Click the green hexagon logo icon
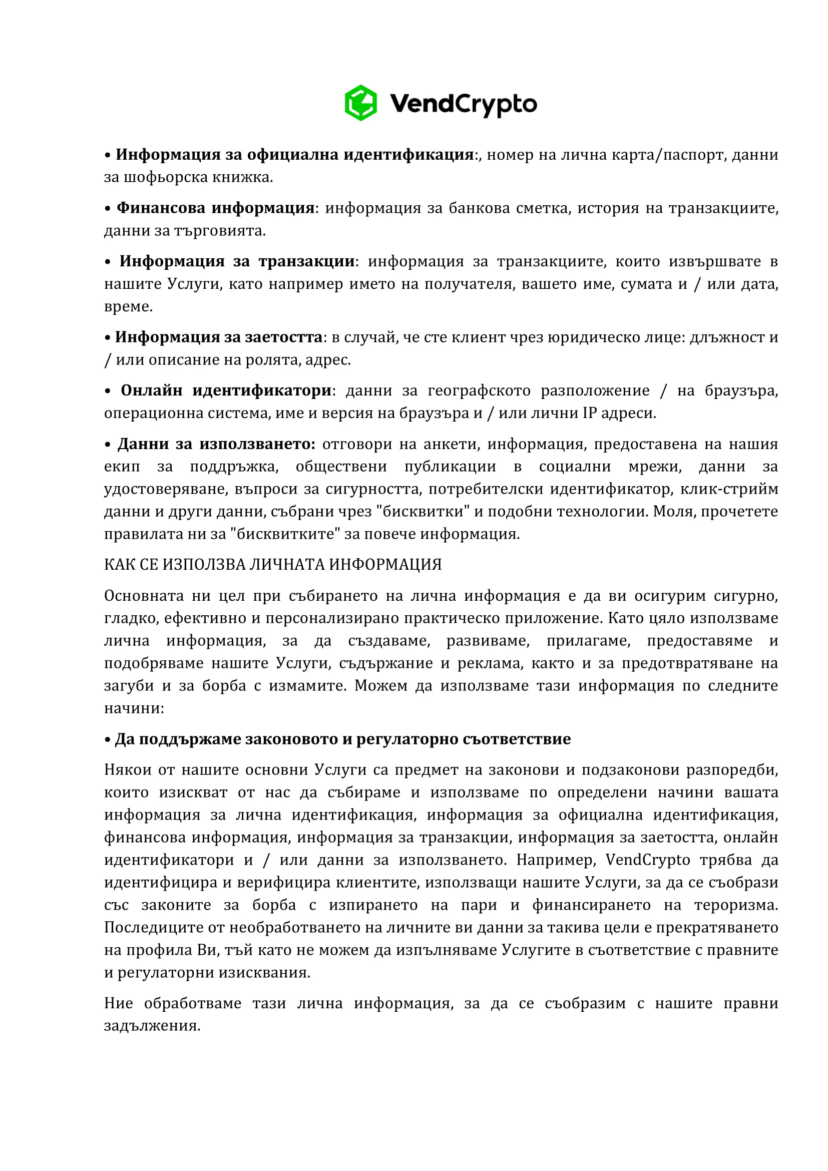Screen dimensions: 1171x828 click(360, 103)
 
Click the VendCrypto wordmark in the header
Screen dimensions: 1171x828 click(463, 104)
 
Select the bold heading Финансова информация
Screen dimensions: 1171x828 click(215, 208)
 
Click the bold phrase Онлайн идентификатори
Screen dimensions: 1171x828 click(226, 391)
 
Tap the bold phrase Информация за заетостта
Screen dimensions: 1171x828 click(219, 337)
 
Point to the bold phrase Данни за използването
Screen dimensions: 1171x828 click(217, 444)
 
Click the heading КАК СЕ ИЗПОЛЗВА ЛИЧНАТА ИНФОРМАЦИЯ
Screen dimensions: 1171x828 click(273, 565)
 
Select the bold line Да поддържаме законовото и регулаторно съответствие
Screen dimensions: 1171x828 click(342, 739)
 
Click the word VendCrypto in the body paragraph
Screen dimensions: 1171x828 click(647, 860)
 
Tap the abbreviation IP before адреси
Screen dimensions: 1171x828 click(589, 413)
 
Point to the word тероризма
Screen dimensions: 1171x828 click(736, 905)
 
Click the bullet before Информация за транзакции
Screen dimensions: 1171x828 click(108, 262)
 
